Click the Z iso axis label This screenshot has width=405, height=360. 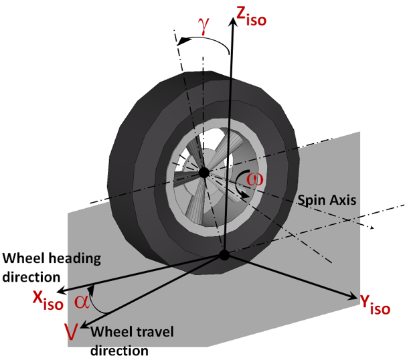coord(252,15)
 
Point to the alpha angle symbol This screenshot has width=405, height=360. coord(82,301)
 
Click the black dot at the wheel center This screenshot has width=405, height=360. coord(203,173)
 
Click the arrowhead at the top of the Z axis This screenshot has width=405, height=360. coord(232,21)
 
